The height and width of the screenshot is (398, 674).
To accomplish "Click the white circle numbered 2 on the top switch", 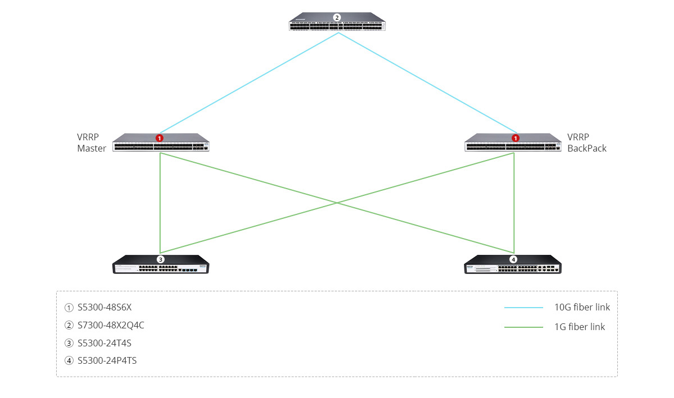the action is [336, 17].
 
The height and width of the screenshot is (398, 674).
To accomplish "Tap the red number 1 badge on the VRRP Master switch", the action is [160, 138].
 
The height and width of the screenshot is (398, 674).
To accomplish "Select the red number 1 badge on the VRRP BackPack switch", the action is [516, 138].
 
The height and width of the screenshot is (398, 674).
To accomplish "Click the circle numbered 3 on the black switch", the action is [161, 259].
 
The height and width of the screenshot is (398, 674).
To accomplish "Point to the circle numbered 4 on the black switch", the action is [513, 259].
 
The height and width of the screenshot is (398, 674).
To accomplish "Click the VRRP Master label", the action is [92, 143].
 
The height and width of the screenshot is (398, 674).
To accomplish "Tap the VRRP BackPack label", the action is [587, 143].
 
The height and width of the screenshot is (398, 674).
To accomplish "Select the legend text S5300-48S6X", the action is [104, 307].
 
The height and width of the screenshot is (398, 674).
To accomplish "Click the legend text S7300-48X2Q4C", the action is [111, 325].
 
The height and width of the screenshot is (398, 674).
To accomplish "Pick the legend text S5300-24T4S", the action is [104, 343].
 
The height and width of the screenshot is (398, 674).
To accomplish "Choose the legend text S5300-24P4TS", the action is [107, 360].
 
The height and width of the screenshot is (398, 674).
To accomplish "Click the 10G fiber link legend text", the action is [582, 307].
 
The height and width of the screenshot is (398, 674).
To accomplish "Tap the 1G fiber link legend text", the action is [580, 327].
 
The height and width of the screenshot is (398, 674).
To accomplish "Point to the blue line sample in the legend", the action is [523, 308].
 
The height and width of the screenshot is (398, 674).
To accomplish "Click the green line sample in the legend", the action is [523, 327].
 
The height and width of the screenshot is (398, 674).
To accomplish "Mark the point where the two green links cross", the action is [337, 203].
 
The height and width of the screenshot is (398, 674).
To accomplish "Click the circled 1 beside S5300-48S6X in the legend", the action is [69, 308].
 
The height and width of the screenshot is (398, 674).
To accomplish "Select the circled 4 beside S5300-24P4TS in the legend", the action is [69, 361].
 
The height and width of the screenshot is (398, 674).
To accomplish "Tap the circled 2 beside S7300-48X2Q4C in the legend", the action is [69, 326].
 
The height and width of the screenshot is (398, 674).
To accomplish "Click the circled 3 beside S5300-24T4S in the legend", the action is [69, 343].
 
